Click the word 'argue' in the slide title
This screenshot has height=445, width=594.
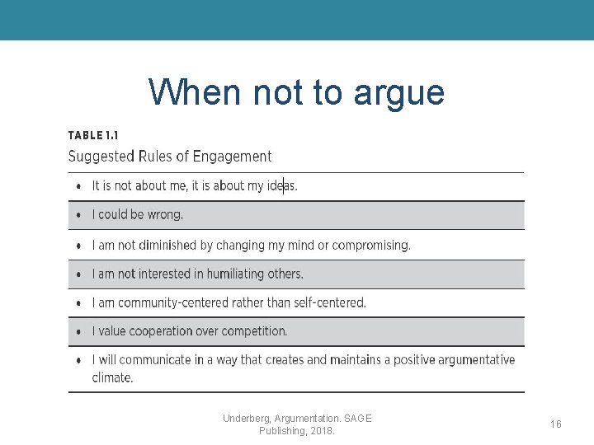[398, 93]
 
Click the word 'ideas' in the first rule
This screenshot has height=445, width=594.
[280, 186]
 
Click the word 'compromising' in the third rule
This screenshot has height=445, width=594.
[371, 245]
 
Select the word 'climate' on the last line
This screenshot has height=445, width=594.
[111, 377]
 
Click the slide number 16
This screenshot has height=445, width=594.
[556, 424]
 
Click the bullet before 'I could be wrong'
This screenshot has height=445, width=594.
[78, 215]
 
